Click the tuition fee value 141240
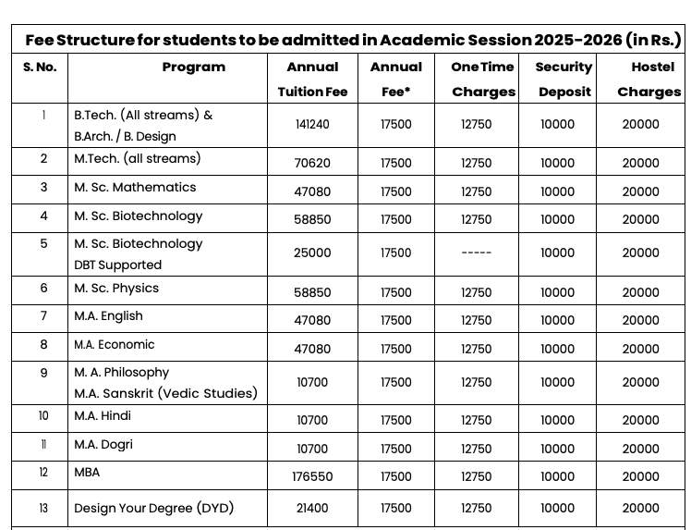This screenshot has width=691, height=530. [312, 125]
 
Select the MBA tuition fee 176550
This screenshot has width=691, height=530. [312, 477]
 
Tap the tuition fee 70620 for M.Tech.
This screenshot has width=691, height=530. [312, 164]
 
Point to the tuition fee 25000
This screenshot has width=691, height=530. [312, 253]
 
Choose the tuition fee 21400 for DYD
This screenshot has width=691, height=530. [312, 509]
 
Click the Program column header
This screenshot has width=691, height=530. [193, 68]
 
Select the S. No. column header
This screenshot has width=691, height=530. [40, 68]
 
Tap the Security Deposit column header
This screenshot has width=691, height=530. [564, 80]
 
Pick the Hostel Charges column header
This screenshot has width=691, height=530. [649, 80]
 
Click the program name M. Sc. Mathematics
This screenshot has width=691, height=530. [135, 188]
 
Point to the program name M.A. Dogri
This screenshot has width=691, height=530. [103, 445]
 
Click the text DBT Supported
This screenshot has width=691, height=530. [117, 265]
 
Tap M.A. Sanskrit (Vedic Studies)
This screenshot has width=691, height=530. [165, 394]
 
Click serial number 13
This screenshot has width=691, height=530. [43, 509]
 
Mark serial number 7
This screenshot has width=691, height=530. [43, 316]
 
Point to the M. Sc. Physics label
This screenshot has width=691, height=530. [116, 289]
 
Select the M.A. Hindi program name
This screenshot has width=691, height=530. [103, 416]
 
